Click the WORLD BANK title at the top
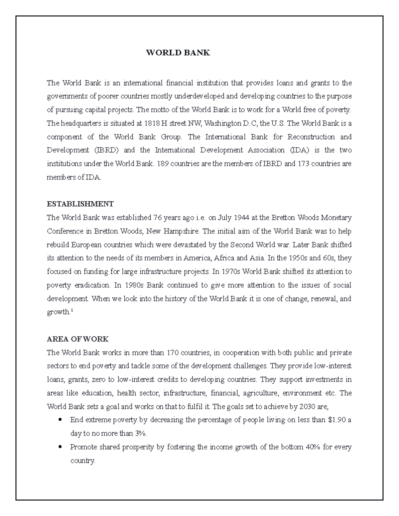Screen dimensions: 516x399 click(178, 53)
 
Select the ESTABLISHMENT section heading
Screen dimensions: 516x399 click(80, 204)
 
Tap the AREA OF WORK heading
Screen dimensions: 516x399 click(77, 339)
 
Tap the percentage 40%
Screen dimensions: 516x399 click(313, 447)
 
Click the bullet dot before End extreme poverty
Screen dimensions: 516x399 click(60, 420)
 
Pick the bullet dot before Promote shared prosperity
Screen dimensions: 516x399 click(60, 447)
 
